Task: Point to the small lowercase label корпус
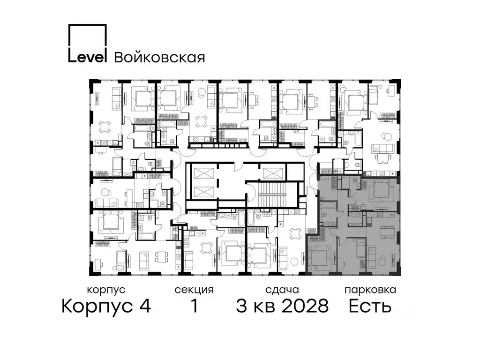point(106,290)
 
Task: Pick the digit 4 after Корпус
point(144,307)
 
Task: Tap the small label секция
point(194,290)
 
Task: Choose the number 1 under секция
point(194,307)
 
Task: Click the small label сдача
point(282,290)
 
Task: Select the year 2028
point(303,307)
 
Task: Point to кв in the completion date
point(263,307)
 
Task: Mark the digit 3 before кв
point(242,307)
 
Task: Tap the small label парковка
point(370,290)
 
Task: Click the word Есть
point(370,307)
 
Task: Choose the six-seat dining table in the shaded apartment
point(387,232)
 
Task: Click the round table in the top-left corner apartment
point(105,126)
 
